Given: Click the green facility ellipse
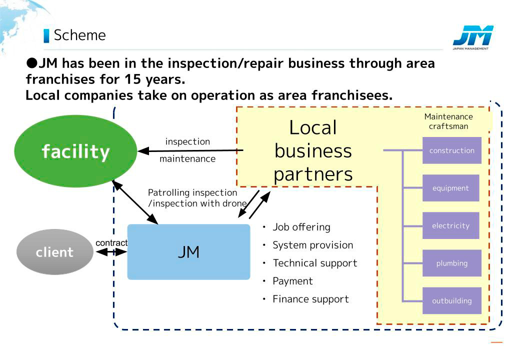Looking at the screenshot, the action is click(x=75, y=151).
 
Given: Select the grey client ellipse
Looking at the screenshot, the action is click(x=54, y=252).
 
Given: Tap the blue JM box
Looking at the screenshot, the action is click(x=188, y=252).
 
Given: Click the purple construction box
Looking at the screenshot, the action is click(x=451, y=150).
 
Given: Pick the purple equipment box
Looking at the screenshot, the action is click(x=450, y=188).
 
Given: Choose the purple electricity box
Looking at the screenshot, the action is click(x=450, y=225).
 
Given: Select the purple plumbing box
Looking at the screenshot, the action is click(x=451, y=263).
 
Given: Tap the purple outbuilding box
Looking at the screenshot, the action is click(x=451, y=300).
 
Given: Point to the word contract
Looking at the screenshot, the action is click(x=111, y=243).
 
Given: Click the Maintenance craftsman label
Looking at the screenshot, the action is click(x=448, y=121).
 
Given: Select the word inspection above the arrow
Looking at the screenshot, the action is click(x=187, y=141).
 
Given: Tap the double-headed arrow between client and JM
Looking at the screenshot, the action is click(x=111, y=252).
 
